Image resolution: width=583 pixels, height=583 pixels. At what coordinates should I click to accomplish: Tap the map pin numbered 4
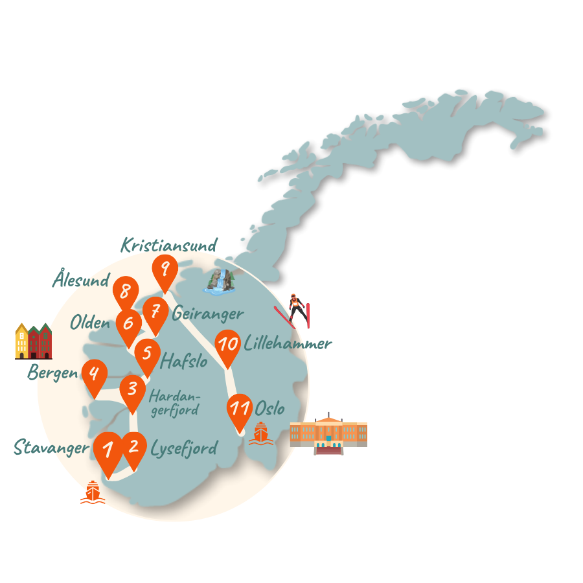pyautogui.click(x=95, y=375)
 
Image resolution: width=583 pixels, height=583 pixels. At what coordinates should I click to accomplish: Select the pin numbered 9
pyautogui.click(x=165, y=269)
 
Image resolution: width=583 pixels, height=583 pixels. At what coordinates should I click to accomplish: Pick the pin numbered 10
pyautogui.click(x=228, y=345)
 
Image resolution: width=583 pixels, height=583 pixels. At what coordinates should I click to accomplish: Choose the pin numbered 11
pyautogui.click(x=240, y=409)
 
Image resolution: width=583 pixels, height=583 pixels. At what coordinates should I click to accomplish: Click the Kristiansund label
pyautogui.click(x=168, y=246)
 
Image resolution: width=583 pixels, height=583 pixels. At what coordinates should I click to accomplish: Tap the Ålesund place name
pyautogui.click(x=81, y=280)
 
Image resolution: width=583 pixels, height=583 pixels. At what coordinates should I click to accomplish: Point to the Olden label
pyautogui.click(x=90, y=321)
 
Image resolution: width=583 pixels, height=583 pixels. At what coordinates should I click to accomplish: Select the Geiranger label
pyautogui.click(x=207, y=314)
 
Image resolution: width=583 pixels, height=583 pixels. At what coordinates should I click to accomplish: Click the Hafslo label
pyautogui.click(x=184, y=361)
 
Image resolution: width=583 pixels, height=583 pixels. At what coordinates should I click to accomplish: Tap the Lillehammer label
pyautogui.click(x=288, y=343)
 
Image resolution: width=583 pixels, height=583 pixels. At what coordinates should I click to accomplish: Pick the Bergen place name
pyautogui.click(x=52, y=374)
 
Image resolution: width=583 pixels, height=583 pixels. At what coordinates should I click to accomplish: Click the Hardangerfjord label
pyautogui.click(x=174, y=403)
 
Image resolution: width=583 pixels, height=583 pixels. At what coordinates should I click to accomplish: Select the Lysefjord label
pyautogui.click(x=183, y=448)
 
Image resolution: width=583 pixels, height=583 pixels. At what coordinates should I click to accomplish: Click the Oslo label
pyautogui.click(x=269, y=409)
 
